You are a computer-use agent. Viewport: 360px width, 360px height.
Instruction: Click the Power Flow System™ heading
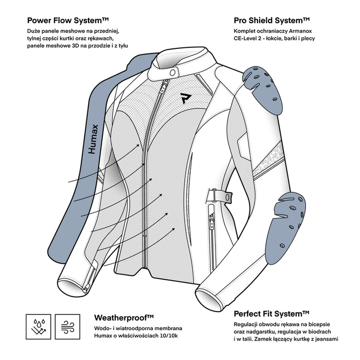tap(68, 21)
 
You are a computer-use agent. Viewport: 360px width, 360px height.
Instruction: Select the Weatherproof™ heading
tap(124, 317)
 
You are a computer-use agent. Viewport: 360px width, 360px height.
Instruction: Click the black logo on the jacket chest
tap(185, 98)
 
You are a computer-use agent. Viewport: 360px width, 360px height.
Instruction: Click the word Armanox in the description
tap(295, 31)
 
